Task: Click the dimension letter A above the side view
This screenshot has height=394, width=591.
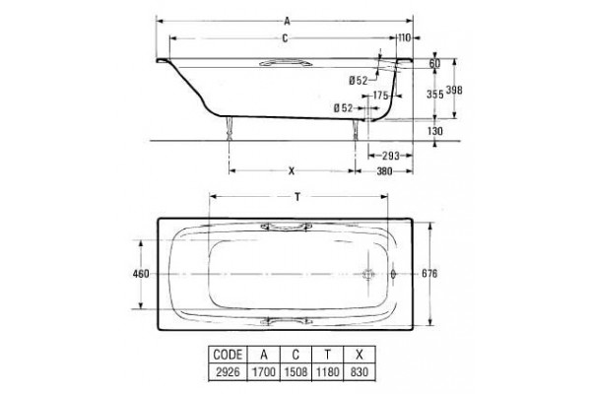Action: tap(288, 22)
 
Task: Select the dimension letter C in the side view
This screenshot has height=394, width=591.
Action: tap(285, 38)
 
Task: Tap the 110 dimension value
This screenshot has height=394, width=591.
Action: tap(405, 37)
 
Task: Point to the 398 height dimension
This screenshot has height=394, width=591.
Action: tap(454, 90)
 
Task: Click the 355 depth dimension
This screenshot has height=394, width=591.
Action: tap(435, 94)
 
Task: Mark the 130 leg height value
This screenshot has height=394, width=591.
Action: tap(435, 131)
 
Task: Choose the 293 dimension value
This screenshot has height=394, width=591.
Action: tap(390, 156)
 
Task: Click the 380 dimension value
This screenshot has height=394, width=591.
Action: tap(384, 171)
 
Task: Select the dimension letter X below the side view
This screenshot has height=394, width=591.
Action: tap(292, 171)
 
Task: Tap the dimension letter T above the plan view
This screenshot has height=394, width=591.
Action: tap(297, 197)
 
